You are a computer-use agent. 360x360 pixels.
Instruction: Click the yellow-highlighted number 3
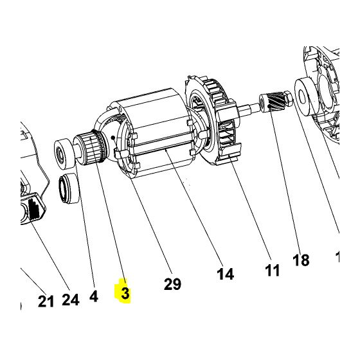tap(124, 294)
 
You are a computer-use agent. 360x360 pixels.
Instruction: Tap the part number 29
tap(172, 283)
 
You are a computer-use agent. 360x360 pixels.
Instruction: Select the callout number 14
tap(224, 274)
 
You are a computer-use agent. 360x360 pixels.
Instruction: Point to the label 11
tap(273, 270)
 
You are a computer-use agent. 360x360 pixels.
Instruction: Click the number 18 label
tap(301, 260)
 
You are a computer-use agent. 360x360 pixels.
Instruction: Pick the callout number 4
tap(93, 296)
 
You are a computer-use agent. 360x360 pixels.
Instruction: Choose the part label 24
tap(70, 299)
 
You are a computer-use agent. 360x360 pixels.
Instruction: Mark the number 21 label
tap(46, 301)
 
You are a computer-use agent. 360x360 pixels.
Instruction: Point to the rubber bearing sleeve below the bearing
tap(69, 190)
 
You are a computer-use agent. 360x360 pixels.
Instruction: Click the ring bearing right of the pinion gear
tap(307, 91)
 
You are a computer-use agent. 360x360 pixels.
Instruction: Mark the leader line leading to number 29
tap(151, 219)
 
